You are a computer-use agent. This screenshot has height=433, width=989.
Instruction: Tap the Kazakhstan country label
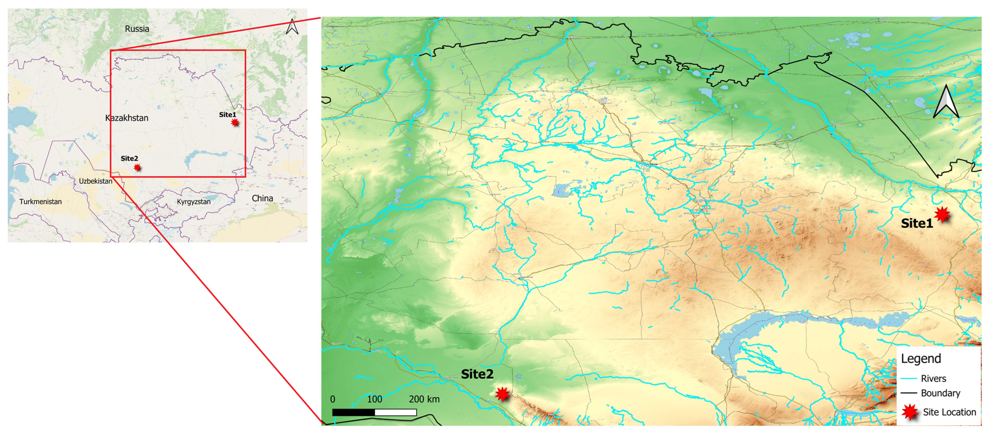coord(127,118)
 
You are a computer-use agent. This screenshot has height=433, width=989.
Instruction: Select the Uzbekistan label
coord(96,181)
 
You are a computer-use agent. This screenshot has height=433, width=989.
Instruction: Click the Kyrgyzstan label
coord(194,201)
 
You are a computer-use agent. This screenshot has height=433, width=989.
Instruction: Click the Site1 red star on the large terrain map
coord(942,214)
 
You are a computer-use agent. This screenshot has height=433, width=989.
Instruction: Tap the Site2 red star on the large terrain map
coord(502,394)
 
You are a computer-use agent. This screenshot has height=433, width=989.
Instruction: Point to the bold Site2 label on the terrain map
coord(477,374)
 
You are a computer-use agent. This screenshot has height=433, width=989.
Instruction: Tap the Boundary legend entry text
coord(940,393)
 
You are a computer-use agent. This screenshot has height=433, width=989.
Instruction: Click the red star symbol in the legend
coord(909,412)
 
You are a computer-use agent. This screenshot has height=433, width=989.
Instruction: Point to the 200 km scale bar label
coord(424,399)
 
